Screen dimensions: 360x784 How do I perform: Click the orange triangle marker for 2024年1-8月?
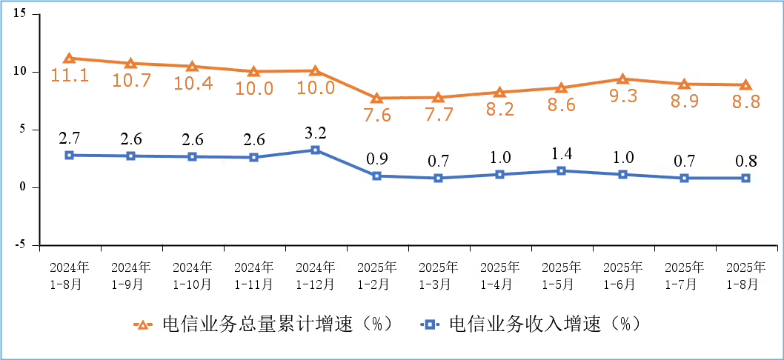[x=69, y=59]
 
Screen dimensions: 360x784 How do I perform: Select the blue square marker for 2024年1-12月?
[x=315, y=150]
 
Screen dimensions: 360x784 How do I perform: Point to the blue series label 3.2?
[x=315, y=133]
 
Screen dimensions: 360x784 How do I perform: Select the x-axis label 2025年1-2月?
[x=376, y=274]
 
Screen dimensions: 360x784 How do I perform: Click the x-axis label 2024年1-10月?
[x=192, y=274]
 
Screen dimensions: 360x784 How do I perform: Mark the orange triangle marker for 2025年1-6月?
[x=622, y=79]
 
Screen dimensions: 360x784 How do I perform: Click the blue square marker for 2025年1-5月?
[x=561, y=171]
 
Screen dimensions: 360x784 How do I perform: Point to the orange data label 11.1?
[x=69, y=75]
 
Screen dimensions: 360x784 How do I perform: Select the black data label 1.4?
[x=561, y=154]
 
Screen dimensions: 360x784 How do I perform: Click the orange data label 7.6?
[x=376, y=115]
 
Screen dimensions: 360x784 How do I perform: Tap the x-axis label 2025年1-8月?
[x=745, y=274]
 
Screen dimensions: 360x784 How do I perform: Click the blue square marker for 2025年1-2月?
[x=376, y=176]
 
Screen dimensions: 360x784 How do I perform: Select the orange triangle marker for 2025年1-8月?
[x=745, y=85]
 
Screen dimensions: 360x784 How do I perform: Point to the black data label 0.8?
[x=745, y=161]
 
